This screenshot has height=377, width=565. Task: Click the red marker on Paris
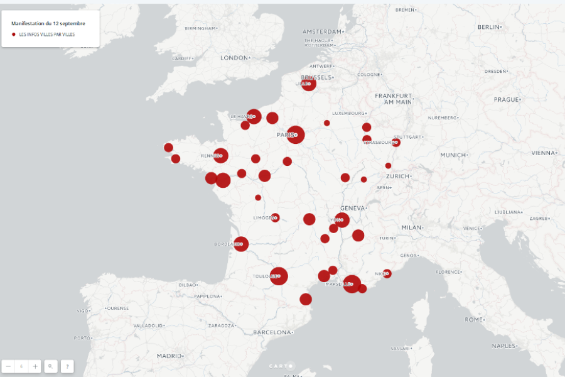pyautogui.click(x=296, y=134)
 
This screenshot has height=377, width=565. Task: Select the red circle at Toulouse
pyautogui.click(x=279, y=276)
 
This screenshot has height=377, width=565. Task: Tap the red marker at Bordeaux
pyautogui.click(x=241, y=244)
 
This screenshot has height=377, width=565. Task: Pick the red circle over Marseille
pyautogui.click(x=352, y=284)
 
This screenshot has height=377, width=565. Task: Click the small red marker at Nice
pyautogui.click(x=387, y=273)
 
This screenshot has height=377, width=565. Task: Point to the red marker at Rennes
pyautogui.click(x=220, y=155)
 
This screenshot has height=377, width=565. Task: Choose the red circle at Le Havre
pyautogui.click(x=254, y=116)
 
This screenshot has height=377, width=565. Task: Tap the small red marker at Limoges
pyautogui.click(x=275, y=218)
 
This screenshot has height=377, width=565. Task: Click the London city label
pyautogui.click(x=235, y=58)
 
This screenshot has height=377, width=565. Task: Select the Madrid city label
pyautogui.click(x=169, y=356)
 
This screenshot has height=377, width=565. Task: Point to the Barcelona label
pyautogui.click(x=272, y=332)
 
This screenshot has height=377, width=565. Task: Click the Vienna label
pyautogui.click(x=543, y=153)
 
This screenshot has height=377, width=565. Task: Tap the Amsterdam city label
pyautogui.click(x=323, y=31)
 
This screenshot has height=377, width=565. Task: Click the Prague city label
pyautogui.click(x=506, y=99)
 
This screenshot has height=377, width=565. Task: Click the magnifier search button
pyautogui.click(x=51, y=366)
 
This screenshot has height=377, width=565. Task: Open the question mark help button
pyautogui.click(x=67, y=366)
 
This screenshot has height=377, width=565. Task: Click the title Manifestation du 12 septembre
pyautogui.click(x=48, y=23)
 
